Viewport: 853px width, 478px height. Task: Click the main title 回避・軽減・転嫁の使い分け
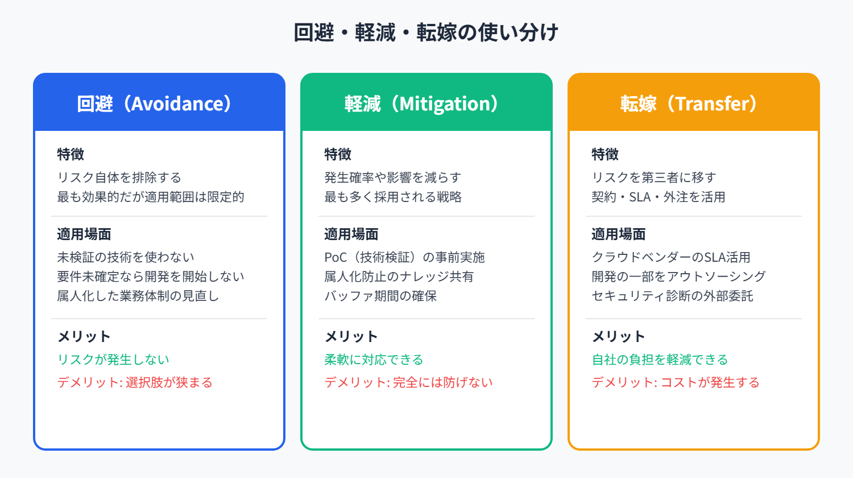coord(426,32)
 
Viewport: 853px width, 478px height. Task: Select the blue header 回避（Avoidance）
coord(155,104)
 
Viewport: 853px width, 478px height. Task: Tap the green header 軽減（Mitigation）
coord(421,104)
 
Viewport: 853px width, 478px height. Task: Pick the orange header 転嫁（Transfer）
coord(689,104)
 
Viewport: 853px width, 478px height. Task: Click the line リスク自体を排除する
coord(119,178)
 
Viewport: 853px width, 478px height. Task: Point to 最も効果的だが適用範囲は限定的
coord(150,197)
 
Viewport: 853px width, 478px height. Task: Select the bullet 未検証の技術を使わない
coord(125,257)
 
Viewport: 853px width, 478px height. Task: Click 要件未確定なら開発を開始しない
coord(150,277)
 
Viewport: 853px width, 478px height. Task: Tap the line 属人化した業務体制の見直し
coord(138,296)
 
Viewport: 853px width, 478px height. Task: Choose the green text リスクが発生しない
coord(113,360)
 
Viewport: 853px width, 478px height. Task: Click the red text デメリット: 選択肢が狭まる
coord(135,382)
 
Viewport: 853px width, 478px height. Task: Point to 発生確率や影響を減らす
coord(392,178)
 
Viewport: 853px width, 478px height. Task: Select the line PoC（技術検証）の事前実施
coord(404,257)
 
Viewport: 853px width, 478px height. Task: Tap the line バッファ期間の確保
coord(380,296)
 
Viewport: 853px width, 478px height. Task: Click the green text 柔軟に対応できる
coord(374,360)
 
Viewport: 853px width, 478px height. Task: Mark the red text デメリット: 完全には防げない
coord(408,382)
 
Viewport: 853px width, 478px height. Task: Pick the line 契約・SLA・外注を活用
coord(658,197)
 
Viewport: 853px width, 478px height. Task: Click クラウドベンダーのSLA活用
coord(670,257)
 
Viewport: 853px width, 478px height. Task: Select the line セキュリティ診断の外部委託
coord(672,296)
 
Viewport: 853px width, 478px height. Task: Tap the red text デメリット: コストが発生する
coord(676,382)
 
